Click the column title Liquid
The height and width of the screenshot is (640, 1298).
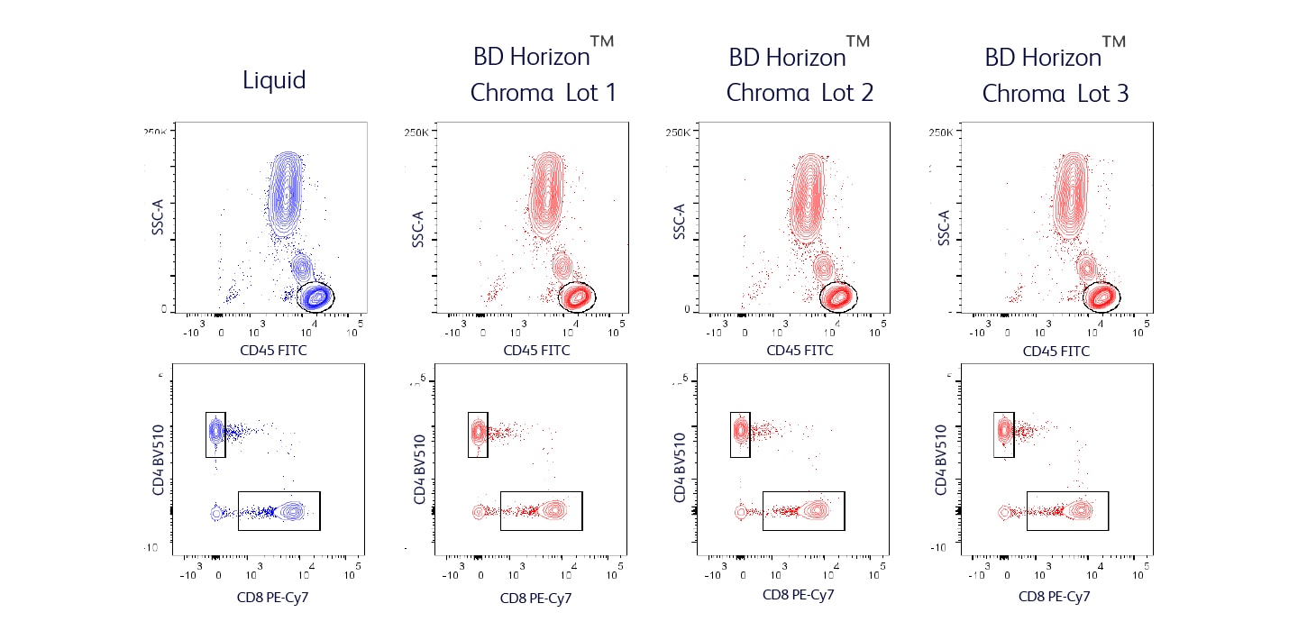click(x=274, y=80)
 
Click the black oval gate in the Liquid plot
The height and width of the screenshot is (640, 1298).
click(x=315, y=296)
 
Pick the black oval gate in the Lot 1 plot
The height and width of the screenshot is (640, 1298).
click(x=577, y=296)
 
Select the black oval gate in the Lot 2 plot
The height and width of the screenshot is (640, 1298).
click(x=838, y=296)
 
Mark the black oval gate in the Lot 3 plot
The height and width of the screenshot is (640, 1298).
click(x=1101, y=296)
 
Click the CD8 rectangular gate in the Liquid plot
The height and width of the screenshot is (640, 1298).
click(x=279, y=511)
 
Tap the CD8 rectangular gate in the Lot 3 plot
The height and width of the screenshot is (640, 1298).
click(x=1067, y=511)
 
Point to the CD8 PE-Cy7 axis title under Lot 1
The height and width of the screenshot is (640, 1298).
click(x=536, y=597)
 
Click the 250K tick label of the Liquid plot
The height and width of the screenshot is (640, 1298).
click(x=156, y=132)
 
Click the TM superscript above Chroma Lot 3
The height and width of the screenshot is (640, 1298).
click(x=1114, y=42)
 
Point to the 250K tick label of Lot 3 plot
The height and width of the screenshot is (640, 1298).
click(x=940, y=132)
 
